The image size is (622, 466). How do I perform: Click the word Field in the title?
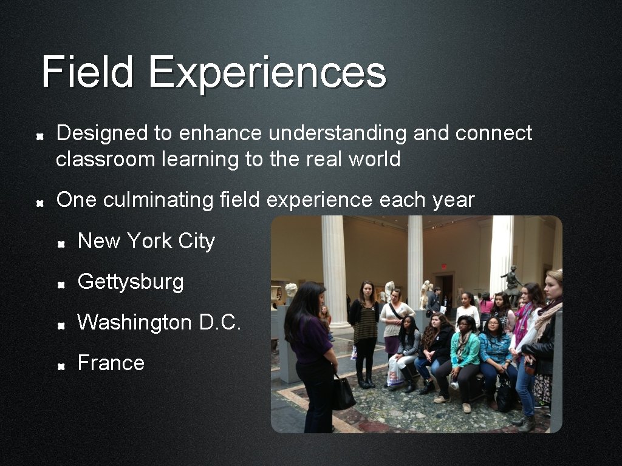click(87, 72)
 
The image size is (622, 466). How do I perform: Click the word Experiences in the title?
click(267, 72)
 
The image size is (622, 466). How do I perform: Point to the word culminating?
click(158, 200)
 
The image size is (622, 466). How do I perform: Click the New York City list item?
click(146, 241)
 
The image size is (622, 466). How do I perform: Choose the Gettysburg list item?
click(131, 282)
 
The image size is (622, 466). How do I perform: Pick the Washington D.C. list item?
click(159, 322)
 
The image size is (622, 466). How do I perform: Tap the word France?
click(111, 363)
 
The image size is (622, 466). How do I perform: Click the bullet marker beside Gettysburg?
click(61, 283)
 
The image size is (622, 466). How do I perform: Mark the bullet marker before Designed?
click(39, 135)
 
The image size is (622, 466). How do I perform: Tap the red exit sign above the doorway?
click(444, 266)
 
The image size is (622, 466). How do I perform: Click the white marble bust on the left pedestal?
click(290, 291)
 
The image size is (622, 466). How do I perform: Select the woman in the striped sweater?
click(365, 328)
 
